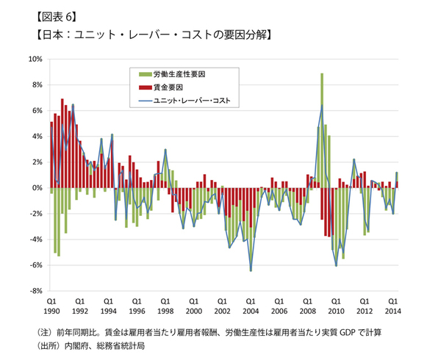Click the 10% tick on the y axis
35,59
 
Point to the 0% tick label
37,188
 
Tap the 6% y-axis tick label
37,111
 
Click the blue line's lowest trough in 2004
251,271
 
